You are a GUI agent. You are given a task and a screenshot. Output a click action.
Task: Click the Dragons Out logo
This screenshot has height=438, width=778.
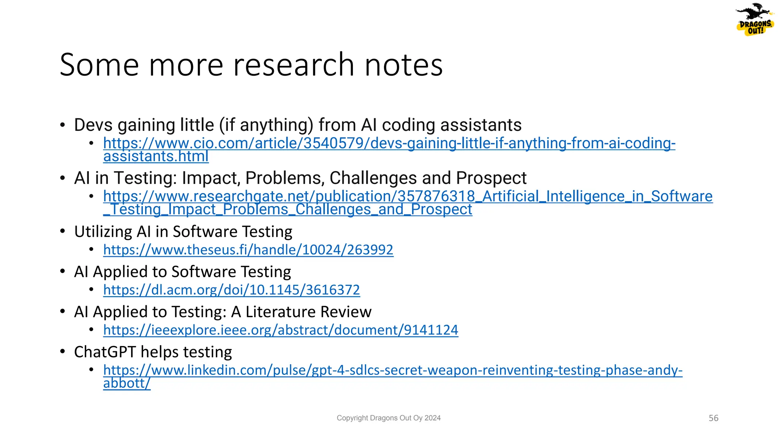tap(754, 20)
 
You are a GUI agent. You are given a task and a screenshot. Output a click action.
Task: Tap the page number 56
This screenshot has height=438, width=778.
tap(713, 418)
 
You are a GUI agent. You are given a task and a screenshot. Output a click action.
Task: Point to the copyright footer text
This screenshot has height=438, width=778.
tap(389, 418)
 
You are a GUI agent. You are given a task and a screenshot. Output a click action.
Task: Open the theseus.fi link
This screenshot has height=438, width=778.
tap(248, 250)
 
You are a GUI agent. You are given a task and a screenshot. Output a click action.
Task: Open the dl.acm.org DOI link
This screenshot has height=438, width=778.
tap(231, 290)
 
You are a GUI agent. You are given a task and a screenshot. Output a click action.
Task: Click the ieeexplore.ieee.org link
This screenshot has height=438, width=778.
tap(280, 330)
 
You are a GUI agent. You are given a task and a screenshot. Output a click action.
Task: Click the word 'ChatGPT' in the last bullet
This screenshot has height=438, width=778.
tap(105, 352)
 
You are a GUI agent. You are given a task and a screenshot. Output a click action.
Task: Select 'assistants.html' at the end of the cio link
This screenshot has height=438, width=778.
tap(156, 156)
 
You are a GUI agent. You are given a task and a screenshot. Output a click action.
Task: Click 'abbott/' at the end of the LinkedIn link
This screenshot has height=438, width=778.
tap(127, 383)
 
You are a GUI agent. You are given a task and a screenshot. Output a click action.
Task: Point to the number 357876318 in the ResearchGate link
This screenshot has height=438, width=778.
tap(436, 197)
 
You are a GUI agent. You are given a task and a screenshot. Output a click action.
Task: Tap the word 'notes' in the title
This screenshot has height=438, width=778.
tap(403, 65)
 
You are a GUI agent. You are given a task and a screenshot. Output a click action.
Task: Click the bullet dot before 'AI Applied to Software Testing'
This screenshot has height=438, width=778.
tap(63, 271)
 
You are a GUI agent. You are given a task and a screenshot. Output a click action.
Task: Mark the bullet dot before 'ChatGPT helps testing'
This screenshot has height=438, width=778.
tap(63, 352)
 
